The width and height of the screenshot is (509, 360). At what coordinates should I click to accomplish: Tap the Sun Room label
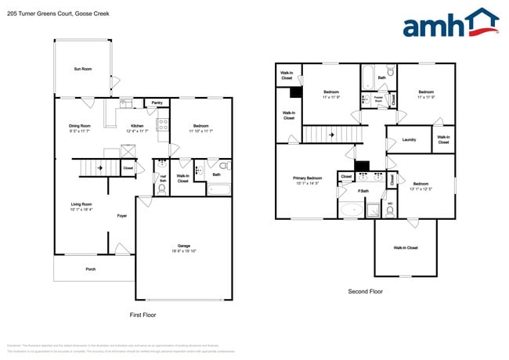tap(82, 70)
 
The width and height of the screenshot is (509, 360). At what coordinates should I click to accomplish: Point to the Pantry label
tap(157, 103)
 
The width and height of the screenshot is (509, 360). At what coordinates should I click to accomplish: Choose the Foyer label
tap(122, 215)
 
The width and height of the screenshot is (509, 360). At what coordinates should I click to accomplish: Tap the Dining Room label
tap(80, 125)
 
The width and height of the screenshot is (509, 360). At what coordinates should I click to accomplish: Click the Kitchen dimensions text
tap(137, 131)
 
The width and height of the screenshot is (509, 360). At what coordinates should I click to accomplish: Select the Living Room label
tap(81, 204)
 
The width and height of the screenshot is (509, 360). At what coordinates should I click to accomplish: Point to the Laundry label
tap(409, 140)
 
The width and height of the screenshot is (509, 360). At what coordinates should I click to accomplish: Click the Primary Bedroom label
tap(308, 178)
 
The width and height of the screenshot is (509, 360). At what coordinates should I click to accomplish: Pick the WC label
tap(390, 204)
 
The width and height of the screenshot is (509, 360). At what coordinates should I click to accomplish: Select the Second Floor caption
tap(366, 291)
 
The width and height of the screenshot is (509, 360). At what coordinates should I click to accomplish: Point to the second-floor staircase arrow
tap(331, 135)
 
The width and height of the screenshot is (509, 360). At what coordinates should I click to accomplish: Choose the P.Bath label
tap(364, 191)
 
